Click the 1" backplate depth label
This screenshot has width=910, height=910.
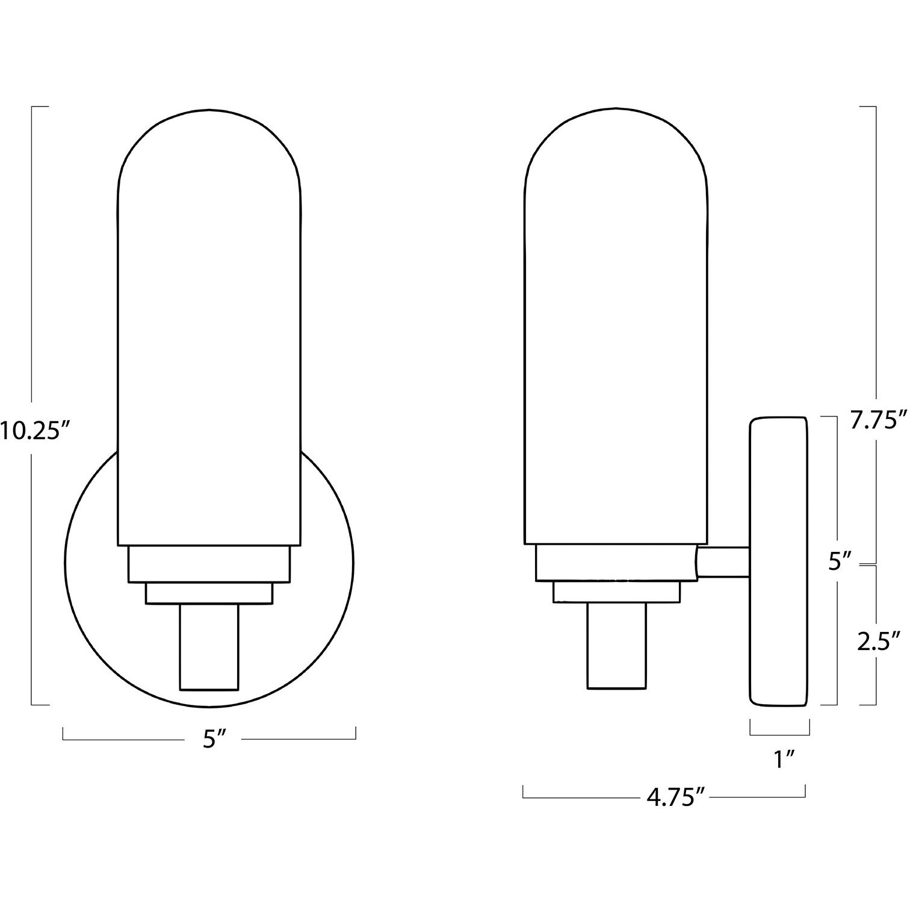click(782, 760)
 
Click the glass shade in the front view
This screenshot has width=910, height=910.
click(208, 331)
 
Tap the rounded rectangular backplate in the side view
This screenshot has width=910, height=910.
click(778, 560)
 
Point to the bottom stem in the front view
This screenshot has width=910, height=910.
click(209, 646)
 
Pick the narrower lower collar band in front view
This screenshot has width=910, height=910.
click(208, 593)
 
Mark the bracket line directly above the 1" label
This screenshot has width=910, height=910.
click(780, 734)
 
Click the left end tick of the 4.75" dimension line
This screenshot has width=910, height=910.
click(524, 792)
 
